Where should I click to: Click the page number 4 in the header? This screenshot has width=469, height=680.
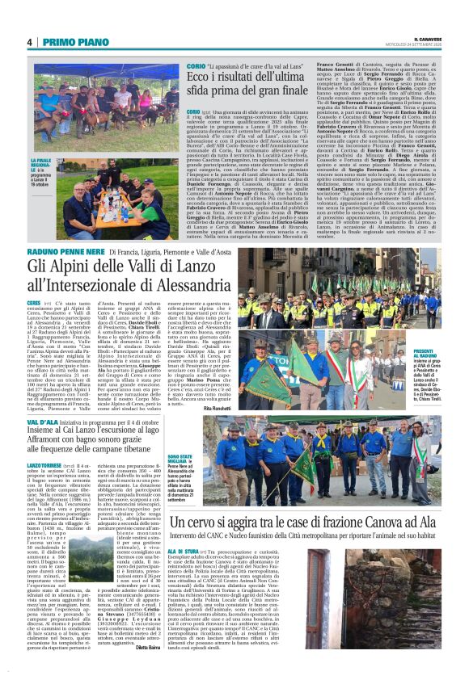point(29,42)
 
